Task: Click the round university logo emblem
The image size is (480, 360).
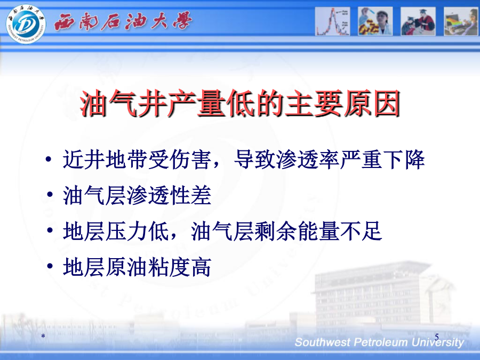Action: click(26, 24)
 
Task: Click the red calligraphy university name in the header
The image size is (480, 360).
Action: click(123, 21)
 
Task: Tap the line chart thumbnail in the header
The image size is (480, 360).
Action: click(332, 21)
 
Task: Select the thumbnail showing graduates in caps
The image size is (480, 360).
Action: click(418, 21)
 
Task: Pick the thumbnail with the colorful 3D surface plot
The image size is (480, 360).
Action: click(461, 21)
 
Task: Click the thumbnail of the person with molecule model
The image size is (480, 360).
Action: click(375, 21)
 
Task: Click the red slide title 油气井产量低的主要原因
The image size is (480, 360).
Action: click(241, 103)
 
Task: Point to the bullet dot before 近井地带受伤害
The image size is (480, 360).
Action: click(48, 159)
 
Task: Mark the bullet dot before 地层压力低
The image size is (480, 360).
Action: click(50, 230)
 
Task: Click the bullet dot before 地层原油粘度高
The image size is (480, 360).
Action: click(50, 266)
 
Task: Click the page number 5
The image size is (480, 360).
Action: click(437, 337)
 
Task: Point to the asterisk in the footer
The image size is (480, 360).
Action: click(43, 337)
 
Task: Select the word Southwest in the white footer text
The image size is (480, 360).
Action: click(322, 342)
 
